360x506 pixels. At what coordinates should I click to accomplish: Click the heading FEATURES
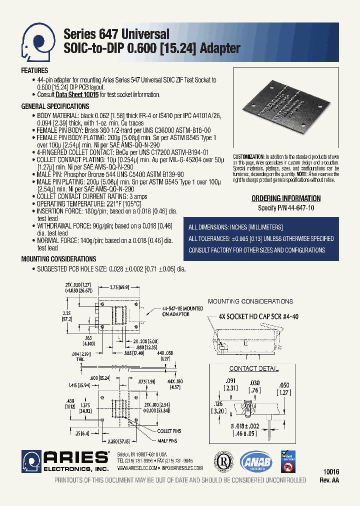(34, 71)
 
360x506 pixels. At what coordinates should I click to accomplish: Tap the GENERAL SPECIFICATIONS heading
(55, 106)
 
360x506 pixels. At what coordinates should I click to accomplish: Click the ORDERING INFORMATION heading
(285, 198)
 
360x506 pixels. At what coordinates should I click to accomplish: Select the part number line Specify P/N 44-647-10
(286, 207)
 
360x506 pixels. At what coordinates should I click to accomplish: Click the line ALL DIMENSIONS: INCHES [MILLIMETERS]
(236, 227)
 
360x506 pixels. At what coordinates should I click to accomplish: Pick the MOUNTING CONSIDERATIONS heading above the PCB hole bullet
(58, 259)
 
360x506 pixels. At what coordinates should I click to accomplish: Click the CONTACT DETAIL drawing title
(253, 368)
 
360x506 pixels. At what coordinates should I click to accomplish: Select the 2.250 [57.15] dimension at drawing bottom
(118, 442)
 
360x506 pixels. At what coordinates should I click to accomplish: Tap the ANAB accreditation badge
(256, 462)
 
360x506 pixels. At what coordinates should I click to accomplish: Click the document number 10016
(330, 471)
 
